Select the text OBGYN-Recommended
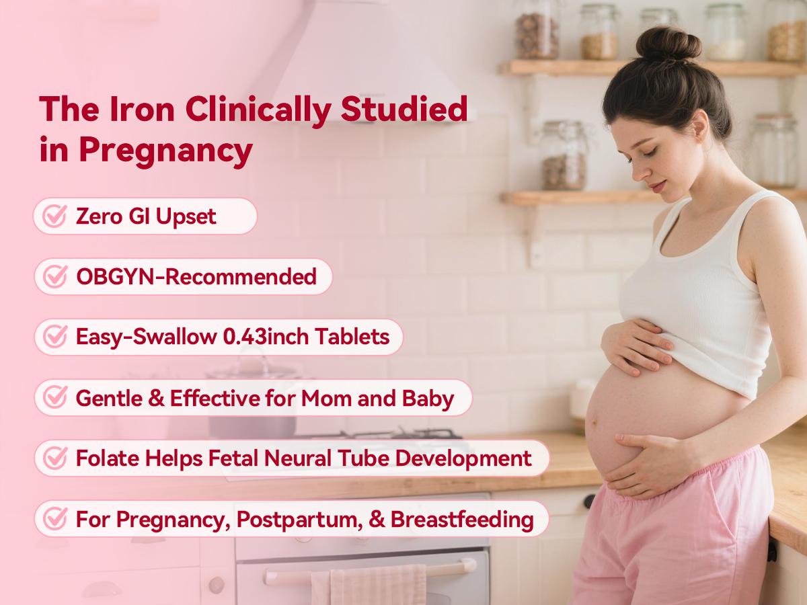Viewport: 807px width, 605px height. tap(196, 276)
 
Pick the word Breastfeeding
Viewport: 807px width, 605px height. tap(462, 519)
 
